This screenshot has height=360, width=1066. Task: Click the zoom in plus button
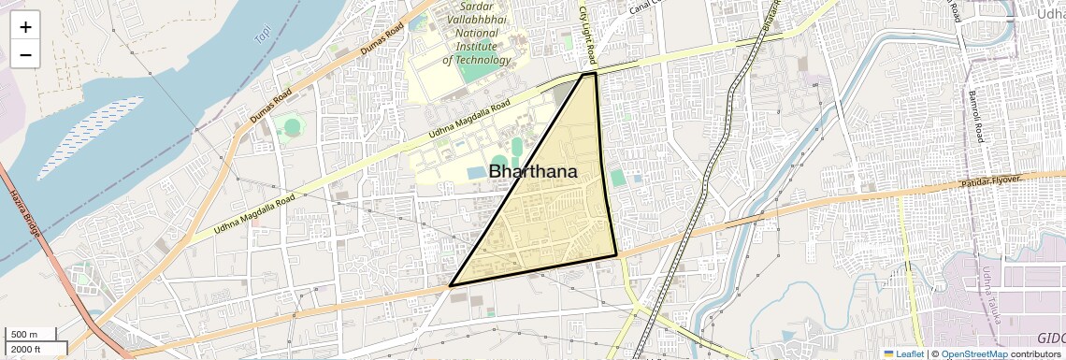(x=25, y=27)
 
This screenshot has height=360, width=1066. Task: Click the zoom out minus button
(x=25, y=55)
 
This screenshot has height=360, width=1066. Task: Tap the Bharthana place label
(x=533, y=172)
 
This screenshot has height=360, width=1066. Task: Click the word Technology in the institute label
(x=477, y=60)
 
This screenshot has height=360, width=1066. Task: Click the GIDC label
(x=1050, y=338)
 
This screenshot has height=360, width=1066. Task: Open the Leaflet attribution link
(x=903, y=353)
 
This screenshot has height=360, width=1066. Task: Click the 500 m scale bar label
(x=25, y=335)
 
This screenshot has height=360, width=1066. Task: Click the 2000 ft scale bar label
(x=28, y=350)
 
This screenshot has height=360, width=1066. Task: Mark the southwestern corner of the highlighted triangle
(x=451, y=285)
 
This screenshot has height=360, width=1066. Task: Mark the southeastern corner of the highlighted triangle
(x=616, y=254)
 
